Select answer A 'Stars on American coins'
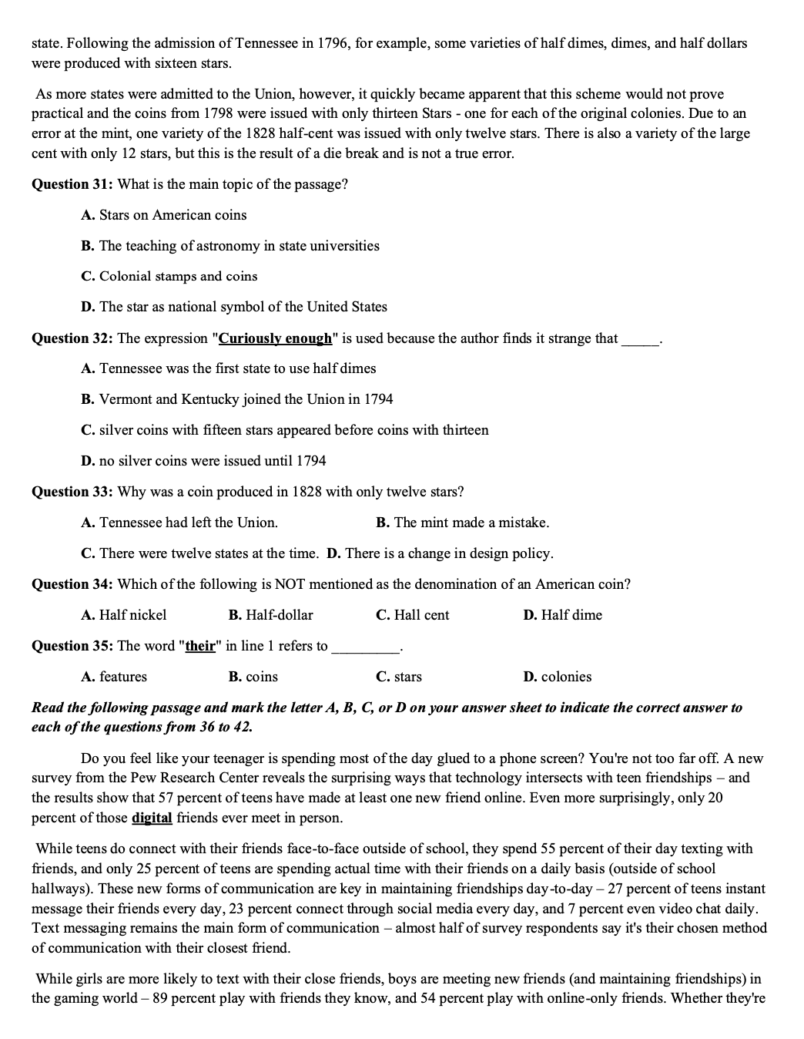(163, 215)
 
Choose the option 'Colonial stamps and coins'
(169, 276)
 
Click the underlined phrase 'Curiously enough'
(276, 338)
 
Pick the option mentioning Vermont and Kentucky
(236, 399)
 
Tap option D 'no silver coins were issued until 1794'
(203, 461)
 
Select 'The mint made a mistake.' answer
(462, 523)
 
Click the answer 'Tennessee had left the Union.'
(179, 523)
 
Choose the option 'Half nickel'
(123, 615)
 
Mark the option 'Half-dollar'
(270, 615)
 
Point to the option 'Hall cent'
(412, 615)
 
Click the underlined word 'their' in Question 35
(200, 646)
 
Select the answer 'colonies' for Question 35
(557, 677)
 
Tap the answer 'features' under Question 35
(114, 677)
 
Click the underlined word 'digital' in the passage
(152, 818)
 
